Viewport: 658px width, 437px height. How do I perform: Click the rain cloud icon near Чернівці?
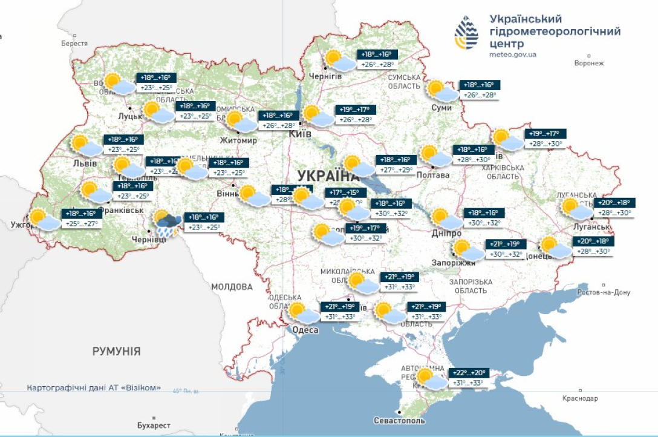[x=165, y=224]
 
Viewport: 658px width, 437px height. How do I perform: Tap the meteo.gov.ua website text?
[x=512, y=54]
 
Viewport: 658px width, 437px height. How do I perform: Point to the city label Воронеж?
[x=589, y=64]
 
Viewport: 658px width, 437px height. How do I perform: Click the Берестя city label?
[x=74, y=44]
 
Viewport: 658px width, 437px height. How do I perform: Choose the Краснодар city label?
[x=579, y=398]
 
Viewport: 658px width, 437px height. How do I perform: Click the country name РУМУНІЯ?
[x=117, y=351]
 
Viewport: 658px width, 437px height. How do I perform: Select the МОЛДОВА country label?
[x=232, y=286]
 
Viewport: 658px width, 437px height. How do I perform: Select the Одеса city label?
[x=305, y=330]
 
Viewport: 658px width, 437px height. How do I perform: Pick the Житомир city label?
[x=239, y=140]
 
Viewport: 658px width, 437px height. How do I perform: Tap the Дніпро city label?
[x=446, y=234]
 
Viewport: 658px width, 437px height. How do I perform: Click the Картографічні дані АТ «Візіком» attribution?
[x=94, y=387]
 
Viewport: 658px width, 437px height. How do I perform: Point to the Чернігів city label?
[x=325, y=76]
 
